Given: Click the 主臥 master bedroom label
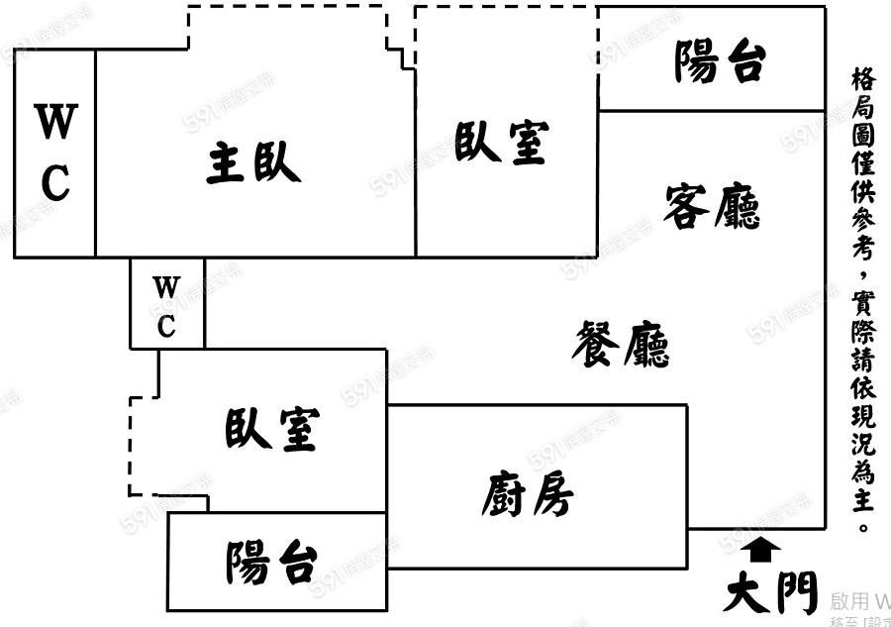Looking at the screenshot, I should pos(253,162).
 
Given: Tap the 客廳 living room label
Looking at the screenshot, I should pos(712,206).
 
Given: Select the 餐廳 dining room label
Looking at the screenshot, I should pos(622,345).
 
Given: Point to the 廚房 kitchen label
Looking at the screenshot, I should pos(527,492).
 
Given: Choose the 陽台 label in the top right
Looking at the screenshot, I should pos(720,61).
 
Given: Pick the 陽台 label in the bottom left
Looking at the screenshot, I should pos(271,564).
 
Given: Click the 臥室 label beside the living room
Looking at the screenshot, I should pos(501,141).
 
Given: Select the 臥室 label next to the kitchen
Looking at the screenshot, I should pos(271,429).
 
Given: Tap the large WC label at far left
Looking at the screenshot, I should pos(55,153).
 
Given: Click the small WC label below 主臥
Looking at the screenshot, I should pos(166,306).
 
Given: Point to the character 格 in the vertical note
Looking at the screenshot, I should pos(862,80).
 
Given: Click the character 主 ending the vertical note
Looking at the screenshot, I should pos(862,504).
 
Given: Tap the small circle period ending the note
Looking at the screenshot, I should pos(862,528).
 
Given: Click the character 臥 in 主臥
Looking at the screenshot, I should pos(277,162).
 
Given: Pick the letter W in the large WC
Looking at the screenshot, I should pos(55,124).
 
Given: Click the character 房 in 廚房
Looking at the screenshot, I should pos(550,492).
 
